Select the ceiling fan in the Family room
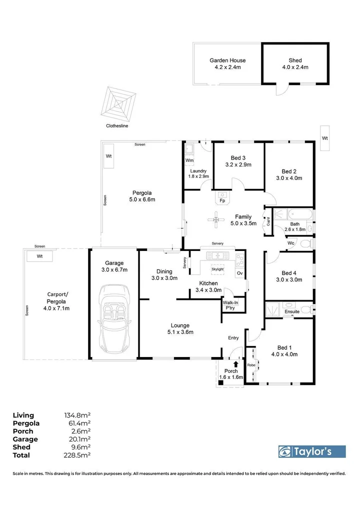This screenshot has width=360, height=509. click(216, 218)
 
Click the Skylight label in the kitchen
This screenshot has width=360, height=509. click(217, 269)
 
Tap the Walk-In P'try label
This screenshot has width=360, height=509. click(230, 305)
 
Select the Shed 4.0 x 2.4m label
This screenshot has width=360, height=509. click(295, 63)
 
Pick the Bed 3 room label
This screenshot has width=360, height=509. click(238, 160)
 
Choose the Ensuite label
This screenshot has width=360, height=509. click(291, 311)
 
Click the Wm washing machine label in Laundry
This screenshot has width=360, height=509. click(189, 160)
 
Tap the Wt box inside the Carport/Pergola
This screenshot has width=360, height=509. click(39, 256)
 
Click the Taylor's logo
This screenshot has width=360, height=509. click(312, 451)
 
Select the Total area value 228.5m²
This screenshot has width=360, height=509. click(74, 455)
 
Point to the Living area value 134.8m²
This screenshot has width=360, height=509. click(74, 415)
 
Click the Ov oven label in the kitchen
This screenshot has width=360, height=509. click(239, 273)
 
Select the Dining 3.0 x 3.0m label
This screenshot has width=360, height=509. click(164, 275)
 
